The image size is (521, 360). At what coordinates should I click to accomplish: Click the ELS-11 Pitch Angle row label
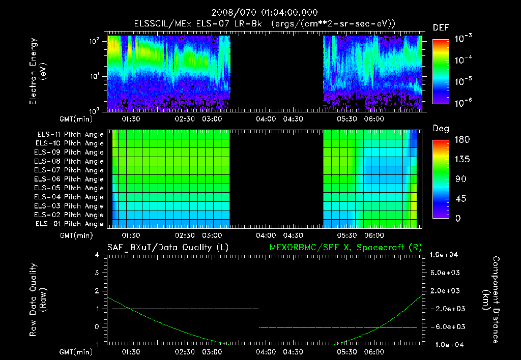[70, 134]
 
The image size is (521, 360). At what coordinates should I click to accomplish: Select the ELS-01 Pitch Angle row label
[70, 224]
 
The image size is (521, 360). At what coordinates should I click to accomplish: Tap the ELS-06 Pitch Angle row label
[70, 179]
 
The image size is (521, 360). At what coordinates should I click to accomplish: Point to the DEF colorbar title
[441, 27]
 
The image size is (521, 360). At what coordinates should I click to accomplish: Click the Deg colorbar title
[440, 129]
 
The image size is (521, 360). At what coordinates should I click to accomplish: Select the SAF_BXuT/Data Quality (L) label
[167, 248]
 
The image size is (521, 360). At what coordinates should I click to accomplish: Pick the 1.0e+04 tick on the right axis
[446, 255]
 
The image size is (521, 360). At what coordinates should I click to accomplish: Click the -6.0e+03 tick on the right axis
[446, 326]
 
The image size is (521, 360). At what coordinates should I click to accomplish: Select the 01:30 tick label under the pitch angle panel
[131, 236]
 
